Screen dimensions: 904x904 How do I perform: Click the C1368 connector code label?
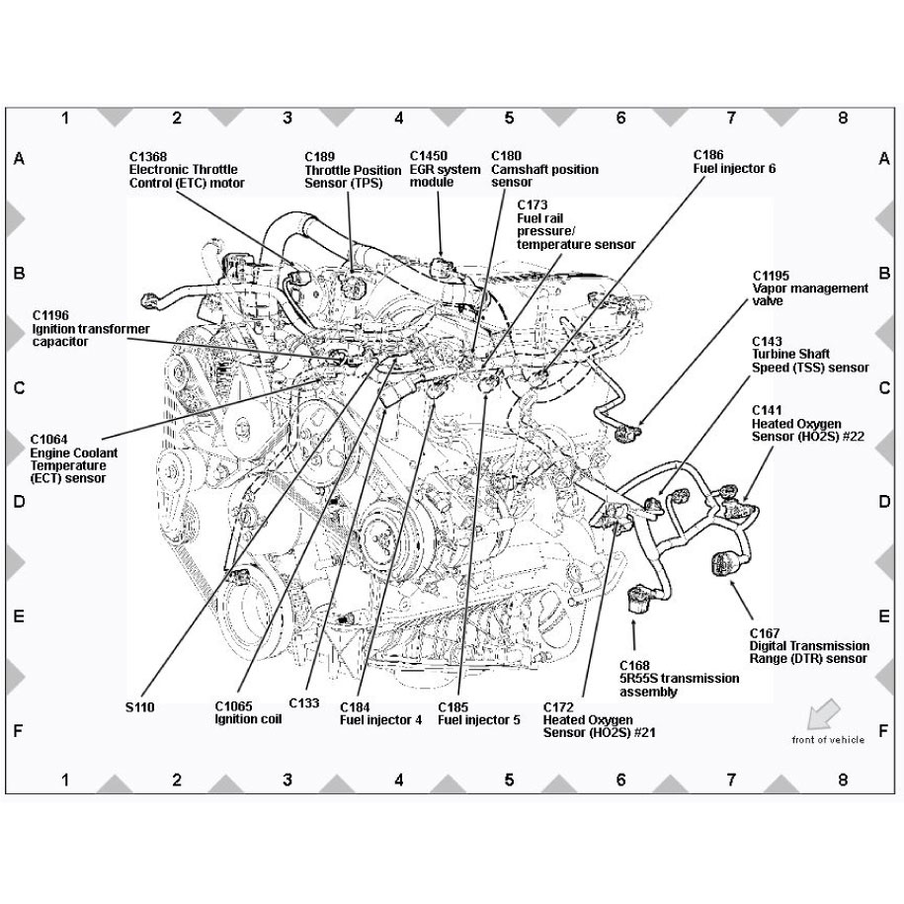click(x=148, y=157)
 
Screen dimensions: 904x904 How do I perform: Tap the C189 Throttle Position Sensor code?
click(x=319, y=157)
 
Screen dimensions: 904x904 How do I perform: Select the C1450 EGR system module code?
click(x=429, y=156)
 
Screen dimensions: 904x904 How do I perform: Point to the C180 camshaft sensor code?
click(x=506, y=156)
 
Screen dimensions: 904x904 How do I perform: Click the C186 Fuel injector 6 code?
click(x=708, y=154)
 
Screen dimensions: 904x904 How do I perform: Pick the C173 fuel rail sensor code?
click(x=533, y=205)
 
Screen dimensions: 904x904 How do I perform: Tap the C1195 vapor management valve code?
click(x=771, y=276)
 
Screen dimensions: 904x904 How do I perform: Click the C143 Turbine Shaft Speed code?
click(x=767, y=341)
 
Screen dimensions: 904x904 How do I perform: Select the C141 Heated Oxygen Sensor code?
click(x=767, y=410)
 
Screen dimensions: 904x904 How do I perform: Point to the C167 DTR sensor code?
click(x=765, y=633)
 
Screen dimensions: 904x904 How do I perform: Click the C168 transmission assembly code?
click(x=634, y=665)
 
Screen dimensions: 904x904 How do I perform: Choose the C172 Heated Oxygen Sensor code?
click(x=558, y=706)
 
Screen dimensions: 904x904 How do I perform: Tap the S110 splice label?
click(x=139, y=706)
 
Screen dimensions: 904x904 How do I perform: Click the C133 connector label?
click(x=304, y=702)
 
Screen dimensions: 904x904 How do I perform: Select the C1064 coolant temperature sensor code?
click(x=49, y=440)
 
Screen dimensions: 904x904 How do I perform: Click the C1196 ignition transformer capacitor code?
click(x=50, y=315)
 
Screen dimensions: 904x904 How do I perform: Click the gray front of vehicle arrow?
click(x=823, y=713)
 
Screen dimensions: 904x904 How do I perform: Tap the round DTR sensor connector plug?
click(x=724, y=563)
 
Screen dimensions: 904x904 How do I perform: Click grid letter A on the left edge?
click(x=19, y=158)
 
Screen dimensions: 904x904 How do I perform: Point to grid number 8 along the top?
click(x=843, y=119)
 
